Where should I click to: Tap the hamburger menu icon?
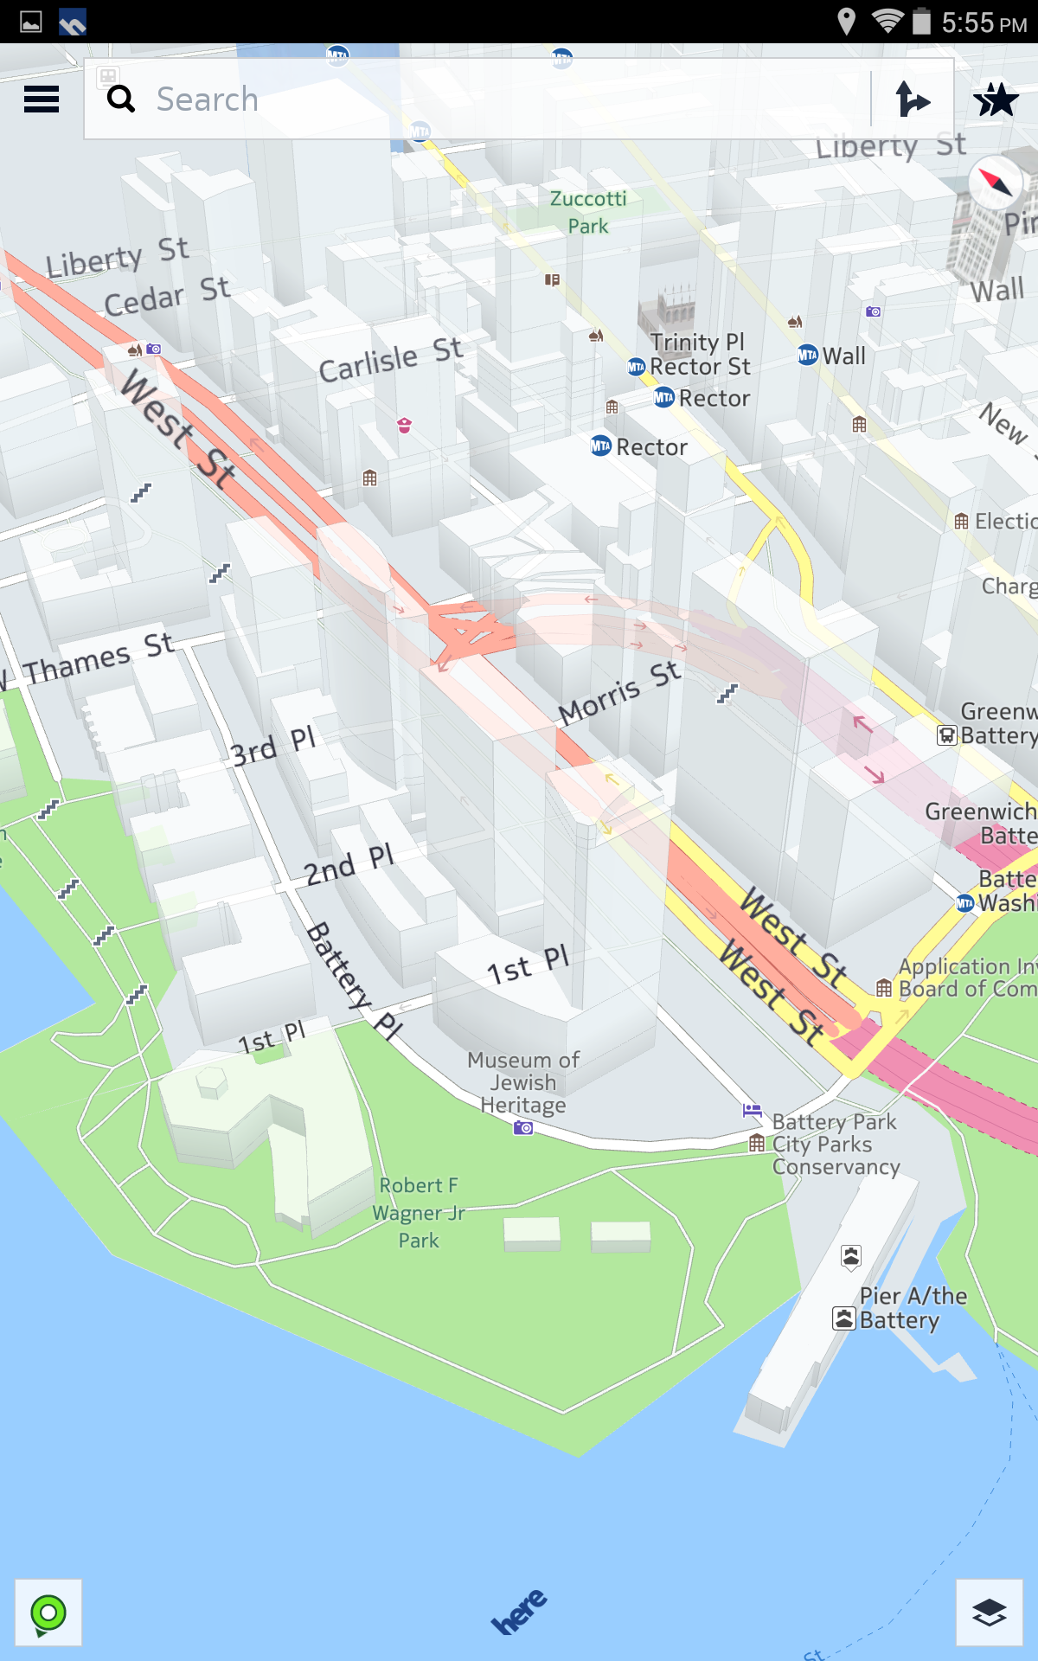[x=42, y=99]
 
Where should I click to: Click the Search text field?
[x=484, y=99]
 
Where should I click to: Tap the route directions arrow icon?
[x=913, y=99]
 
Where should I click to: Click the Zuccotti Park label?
[x=588, y=212]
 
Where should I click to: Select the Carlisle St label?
[x=390, y=359]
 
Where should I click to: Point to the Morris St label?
[x=618, y=691]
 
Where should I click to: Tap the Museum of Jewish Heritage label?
[x=523, y=1082]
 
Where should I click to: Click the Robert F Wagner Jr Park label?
[x=419, y=1212]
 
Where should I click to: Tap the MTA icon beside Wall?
[x=807, y=356]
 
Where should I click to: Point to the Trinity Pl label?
[x=697, y=342]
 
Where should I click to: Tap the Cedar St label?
[x=166, y=295]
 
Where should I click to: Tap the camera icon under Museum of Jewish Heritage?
[x=523, y=1128]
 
